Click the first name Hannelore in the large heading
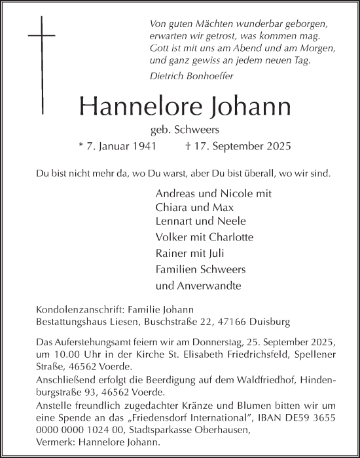[130, 105]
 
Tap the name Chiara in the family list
[171, 208]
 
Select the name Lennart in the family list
[175, 222]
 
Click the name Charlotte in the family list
[230, 237]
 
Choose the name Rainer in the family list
[171, 252]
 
